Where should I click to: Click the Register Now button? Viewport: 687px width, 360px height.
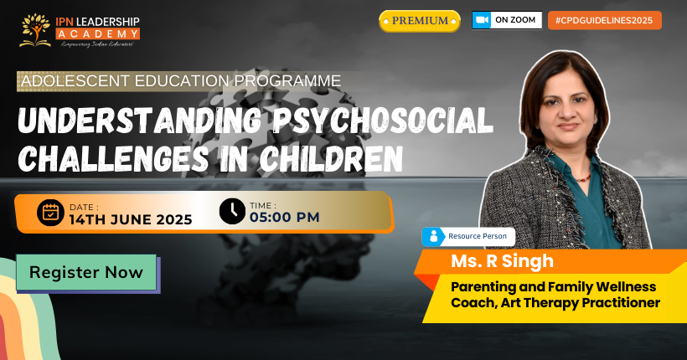coord(86,272)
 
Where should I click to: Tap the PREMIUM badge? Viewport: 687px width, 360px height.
coord(420,21)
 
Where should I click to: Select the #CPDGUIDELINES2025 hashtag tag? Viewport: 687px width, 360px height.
coord(605,20)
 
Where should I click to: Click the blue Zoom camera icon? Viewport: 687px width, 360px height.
coord(482,20)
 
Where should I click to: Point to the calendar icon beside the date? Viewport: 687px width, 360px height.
coord(50,213)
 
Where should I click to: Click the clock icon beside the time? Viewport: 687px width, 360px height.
coord(232,211)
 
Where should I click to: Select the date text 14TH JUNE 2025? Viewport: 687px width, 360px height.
coord(131,219)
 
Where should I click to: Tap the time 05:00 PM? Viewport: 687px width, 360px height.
coord(284,217)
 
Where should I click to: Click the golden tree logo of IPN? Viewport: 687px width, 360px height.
coord(35,30)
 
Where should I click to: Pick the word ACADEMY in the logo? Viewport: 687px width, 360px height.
coord(98,33)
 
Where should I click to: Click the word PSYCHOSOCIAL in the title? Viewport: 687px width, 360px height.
coord(383,120)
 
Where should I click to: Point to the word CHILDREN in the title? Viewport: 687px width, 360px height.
coord(331,158)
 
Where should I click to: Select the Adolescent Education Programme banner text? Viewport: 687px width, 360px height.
coord(181,81)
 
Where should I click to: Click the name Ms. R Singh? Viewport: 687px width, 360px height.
coord(502,261)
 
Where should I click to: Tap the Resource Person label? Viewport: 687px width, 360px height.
coord(478,236)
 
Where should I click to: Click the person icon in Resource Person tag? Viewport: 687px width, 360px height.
coord(434,236)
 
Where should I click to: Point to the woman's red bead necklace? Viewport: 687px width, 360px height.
coord(582,178)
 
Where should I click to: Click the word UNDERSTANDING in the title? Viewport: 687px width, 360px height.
coord(140,120)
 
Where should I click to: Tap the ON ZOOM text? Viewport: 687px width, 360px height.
coord(515,20)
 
